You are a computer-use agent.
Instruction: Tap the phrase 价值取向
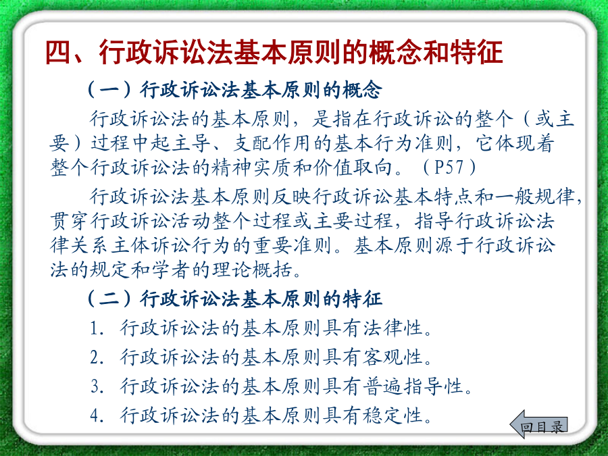point(352,168)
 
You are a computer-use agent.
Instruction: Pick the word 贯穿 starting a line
point(70,221)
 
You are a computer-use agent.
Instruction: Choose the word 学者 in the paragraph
point(171,270)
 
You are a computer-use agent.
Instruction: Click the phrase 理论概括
point(252,270)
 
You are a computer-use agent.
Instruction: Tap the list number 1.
point(95,328)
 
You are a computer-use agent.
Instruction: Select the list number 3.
point(95,386)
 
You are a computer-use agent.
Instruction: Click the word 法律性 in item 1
point(392,328)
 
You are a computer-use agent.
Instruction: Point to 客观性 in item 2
point(392,357)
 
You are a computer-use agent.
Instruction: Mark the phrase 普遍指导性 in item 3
point(413,386)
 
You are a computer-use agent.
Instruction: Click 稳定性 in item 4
point(392,415)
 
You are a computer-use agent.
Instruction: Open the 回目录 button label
point(542,427)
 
